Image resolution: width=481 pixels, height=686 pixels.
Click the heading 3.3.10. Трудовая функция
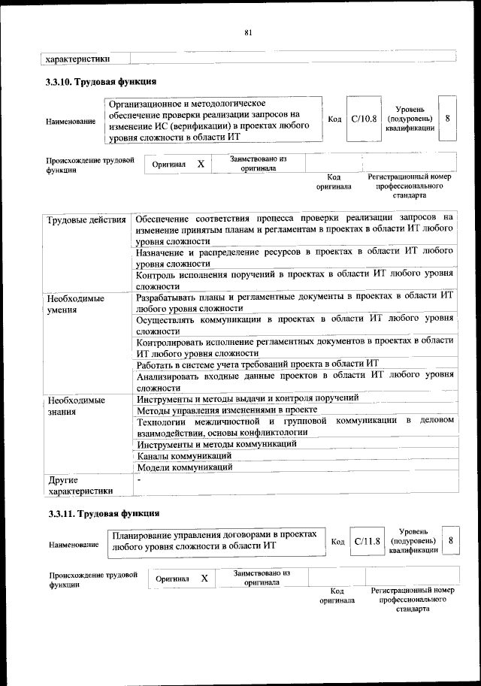point(101,82)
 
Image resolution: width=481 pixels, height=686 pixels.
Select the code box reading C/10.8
point(364,119)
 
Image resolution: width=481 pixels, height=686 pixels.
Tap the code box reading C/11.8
point(368,541)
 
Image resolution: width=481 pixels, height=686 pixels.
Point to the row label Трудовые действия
point(86,220)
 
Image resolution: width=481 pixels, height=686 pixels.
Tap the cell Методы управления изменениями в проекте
point(226,410)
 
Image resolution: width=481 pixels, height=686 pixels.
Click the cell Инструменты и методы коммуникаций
point(216,444)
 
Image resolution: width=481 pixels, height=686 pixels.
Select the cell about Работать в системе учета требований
point(256,364)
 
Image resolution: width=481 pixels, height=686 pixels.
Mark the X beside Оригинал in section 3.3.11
point(204,579)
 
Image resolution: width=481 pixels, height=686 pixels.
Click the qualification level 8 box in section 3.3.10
point(447,119)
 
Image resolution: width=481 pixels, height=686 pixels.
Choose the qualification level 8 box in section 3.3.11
point(450,541)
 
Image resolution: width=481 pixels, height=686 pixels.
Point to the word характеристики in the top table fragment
point(78,58)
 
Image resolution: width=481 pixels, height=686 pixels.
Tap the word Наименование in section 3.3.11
point(73,544)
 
